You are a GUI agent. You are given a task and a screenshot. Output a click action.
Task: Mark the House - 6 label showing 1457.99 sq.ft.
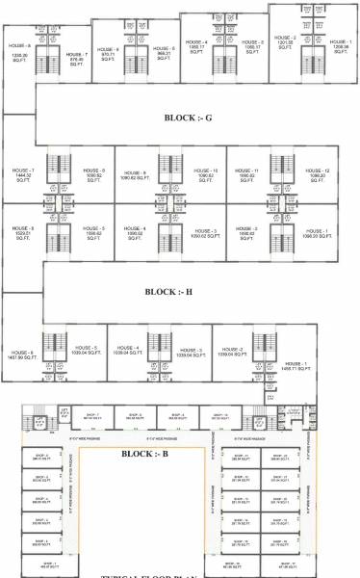coord(21,354)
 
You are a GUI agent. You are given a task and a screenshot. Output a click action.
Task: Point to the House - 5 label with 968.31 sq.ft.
coord(165,50)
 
